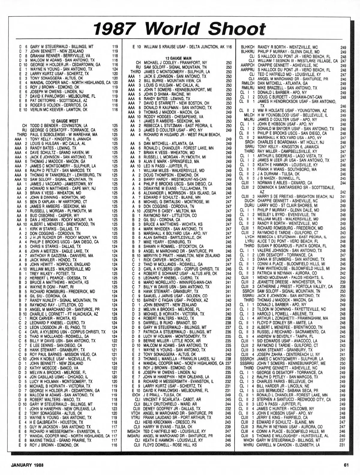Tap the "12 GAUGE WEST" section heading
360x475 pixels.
pos(65,121)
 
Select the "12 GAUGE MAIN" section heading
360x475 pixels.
pos(178,58)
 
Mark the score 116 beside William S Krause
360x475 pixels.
pos(229,47)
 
